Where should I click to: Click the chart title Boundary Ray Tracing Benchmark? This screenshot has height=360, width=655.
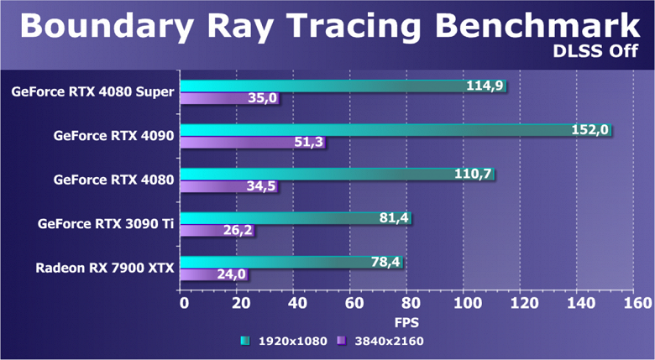[x=327, y=25]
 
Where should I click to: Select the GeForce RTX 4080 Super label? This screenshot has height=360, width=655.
[x=93, y=91]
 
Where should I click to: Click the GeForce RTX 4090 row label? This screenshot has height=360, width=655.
[x=113, y=135]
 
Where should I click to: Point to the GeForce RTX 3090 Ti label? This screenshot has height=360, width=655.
[x=106, y=224]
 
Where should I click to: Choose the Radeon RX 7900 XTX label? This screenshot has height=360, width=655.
[x=104, y=269]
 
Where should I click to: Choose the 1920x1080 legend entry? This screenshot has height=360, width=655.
[x=286, y=341]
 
